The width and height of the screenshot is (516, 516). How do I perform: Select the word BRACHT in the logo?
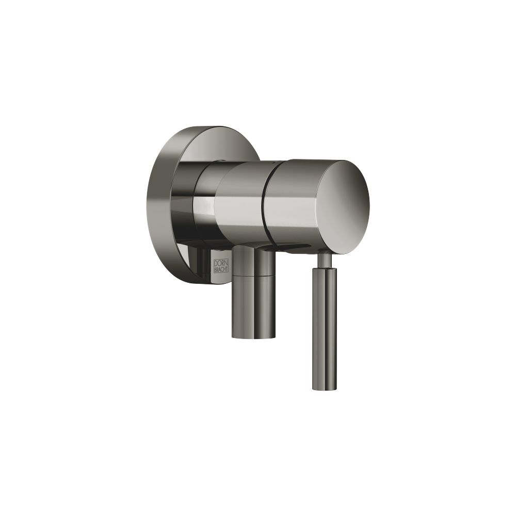[222, 270]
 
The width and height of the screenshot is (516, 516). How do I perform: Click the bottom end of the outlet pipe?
[253, 336]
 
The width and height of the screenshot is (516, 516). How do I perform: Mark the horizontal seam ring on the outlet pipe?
[253, 276]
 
